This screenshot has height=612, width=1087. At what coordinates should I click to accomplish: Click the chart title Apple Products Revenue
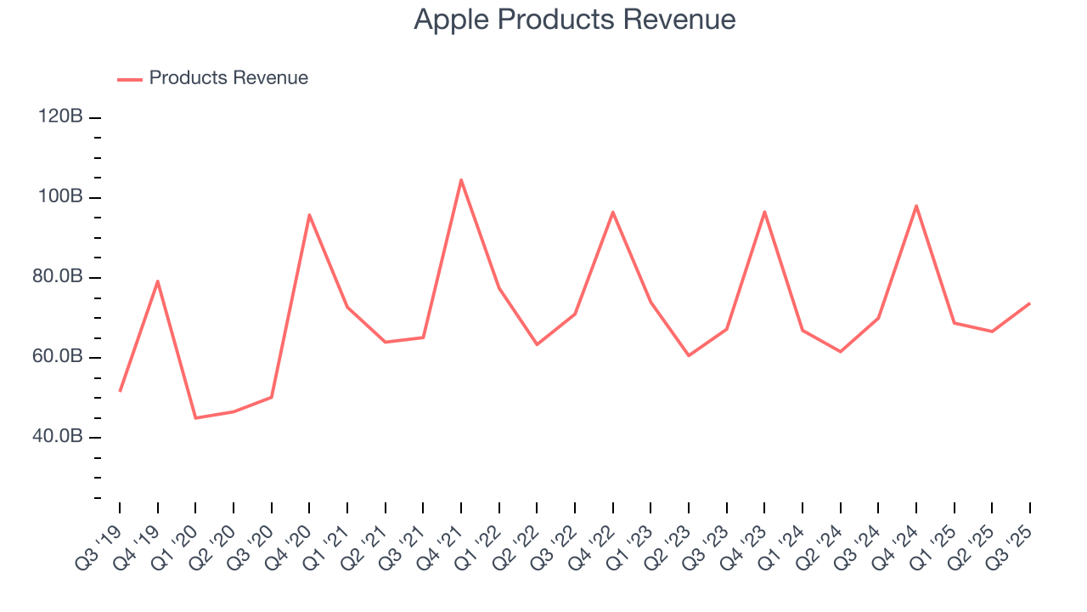tap(574, 20)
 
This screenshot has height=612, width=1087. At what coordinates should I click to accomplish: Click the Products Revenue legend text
tap(228, 78)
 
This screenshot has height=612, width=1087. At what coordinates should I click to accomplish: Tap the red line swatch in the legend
tap(129, 79)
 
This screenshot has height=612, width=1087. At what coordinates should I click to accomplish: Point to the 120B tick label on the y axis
tap(60, 117)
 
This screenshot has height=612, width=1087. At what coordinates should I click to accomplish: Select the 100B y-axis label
tap(60, 197)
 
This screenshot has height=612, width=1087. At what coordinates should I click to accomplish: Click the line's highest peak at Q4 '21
tap(460, 179)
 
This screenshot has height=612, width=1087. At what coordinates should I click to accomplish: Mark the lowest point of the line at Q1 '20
tap(195, 418)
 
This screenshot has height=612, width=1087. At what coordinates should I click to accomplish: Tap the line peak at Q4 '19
tap(157, 280)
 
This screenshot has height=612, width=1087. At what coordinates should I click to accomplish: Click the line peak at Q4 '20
tap(309, 214)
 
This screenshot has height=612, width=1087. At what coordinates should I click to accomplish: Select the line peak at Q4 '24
tap(916, 205)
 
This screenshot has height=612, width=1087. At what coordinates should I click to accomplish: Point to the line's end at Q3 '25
tap(1029, 303)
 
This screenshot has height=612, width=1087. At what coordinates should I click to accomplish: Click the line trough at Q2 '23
tap(689, 355)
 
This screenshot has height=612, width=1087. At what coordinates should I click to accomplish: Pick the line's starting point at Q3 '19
tap(120, 391)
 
